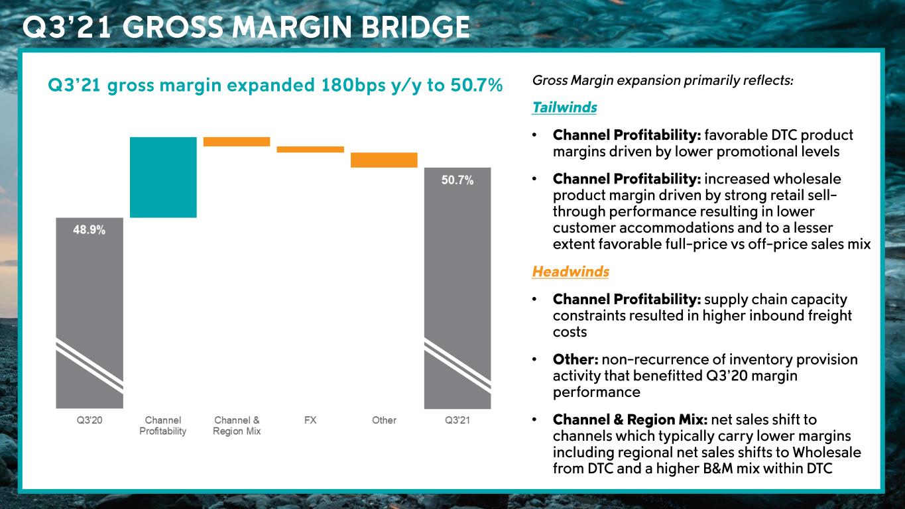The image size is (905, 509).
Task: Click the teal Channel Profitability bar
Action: (x=163, y=177)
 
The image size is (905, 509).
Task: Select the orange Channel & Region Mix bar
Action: (x=237, y=141)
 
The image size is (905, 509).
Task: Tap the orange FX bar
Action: (x=310, y=149)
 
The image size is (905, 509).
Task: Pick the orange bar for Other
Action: (x=384, y=160)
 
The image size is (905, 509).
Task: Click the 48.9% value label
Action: (x=89, y=230)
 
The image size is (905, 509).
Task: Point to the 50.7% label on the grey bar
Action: (x=457, y=180)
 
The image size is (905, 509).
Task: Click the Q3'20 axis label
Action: (x=89, y=420)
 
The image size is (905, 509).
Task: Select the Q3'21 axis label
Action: (x=457, y=420)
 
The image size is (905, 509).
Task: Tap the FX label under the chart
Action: (x=310, y=420)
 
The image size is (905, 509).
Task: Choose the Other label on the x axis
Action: (x=384, y=420)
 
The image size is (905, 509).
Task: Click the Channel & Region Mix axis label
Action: (x=237, y=425)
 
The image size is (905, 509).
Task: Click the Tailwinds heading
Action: (x=564, y=107)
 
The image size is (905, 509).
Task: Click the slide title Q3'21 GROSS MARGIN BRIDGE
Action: (x=246, y=27)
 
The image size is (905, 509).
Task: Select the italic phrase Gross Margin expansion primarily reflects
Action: (x=662, y=80)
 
